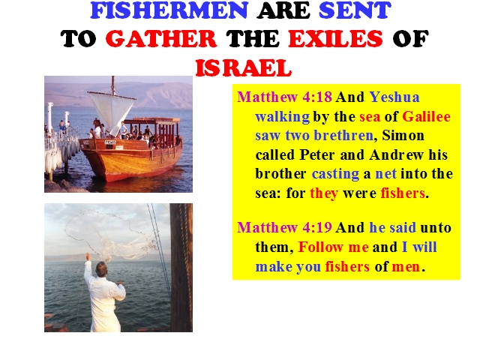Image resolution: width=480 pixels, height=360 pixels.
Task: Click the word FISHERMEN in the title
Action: pyautogui.click(x=169, y=10)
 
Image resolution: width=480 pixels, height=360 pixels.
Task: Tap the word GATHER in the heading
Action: pyautogui.click(x=161, y=39)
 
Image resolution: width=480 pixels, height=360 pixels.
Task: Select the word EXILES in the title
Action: pyautogui.click(x=335, y=39)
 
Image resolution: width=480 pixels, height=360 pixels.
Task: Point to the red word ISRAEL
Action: pyautogui.click(x=243, y=67)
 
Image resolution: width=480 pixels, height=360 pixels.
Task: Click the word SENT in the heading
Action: pyautogui.click(x=355, y=10)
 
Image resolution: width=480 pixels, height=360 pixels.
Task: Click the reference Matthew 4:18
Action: pyautogui.click(x=284, y=97)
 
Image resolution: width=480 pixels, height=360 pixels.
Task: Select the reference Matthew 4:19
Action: pyautogui.click(x=284, y=227)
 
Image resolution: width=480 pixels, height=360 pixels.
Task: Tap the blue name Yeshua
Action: pyautogui.click(x=394, y=97)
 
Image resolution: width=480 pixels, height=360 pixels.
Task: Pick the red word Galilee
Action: pyautogui.click(x=426, y=116)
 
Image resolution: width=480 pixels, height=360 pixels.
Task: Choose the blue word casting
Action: pyautogui.click(x=335, y=174)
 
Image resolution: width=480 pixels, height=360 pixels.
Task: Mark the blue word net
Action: pyautogui.click(x=385, y=174)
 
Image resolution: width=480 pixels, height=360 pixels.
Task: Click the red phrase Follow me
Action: pyautogui.click(x=333, y=247)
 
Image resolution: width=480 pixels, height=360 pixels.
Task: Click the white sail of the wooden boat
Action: pyautogui.click(x=112, y=112)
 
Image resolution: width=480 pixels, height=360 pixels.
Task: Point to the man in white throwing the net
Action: pyautogui.click(x=103, y=294)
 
